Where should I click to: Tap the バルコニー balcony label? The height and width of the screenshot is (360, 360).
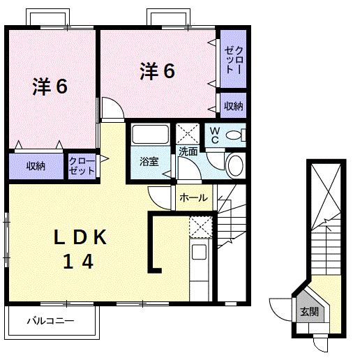pos(50,321)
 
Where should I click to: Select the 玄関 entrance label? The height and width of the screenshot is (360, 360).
pos(308,312)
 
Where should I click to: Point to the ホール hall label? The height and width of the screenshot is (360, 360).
pos(193,197)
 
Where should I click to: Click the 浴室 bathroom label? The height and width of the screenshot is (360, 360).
pos(149,162)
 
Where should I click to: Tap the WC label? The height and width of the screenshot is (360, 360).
pos(215,135)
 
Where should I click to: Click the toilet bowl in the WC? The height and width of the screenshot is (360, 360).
pos(237,135)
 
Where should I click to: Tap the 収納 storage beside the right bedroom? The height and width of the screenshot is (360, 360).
pos(233,106)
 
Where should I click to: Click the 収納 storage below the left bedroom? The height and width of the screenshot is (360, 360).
pos(36,166)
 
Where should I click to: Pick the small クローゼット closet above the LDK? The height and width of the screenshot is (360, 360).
pos(82,166)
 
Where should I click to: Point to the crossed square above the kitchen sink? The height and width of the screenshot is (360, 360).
pos(200,227)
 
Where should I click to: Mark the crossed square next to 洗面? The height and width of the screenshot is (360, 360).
pos(188,133)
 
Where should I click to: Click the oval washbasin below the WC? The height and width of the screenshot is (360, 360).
pos(236,165)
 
